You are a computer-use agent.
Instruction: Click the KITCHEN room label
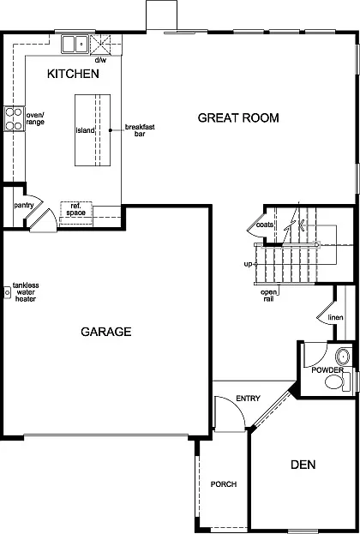click(74, 75)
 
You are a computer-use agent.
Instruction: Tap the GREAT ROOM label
click(238, 117)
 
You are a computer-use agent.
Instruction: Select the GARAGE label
click(106, 332)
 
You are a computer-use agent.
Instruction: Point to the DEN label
click(303, 465)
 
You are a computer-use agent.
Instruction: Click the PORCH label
click(224, 484)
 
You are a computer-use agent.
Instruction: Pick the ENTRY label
click(248, 398)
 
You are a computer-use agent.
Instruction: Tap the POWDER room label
click(327, 369)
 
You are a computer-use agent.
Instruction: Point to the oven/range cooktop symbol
click(14, 118)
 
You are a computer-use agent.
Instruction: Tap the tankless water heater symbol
click(6, 292)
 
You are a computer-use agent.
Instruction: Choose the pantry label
click(23, 206)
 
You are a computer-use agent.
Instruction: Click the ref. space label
click(75, 208)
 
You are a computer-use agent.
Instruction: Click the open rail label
click(269, 296)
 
